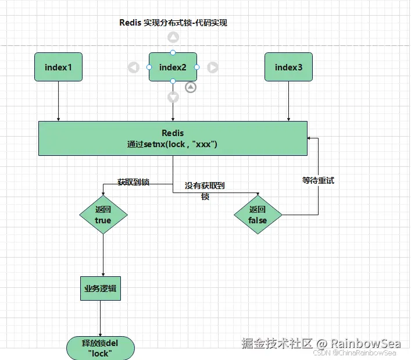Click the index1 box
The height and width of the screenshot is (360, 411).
click(x=58, y=67)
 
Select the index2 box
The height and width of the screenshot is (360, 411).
click(x=173, y=67)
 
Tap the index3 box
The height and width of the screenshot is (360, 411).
click(x=289, y=67)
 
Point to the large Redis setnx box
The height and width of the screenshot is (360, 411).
click(x=173, y=138)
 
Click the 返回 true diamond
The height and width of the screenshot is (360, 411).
click(x=103, y=215)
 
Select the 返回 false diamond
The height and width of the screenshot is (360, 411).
click(x=258, y=215)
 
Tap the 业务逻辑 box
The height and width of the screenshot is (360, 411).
click(x=100, y=288)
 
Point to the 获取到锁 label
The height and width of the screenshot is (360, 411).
click(x=133, y=182)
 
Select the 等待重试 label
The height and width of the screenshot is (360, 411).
click(x=318, y=180)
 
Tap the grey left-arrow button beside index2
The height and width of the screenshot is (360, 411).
click(x=134, y=67)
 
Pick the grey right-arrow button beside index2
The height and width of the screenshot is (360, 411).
click(x=213, y=67)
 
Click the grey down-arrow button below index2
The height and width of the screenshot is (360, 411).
click(x=173, y=97)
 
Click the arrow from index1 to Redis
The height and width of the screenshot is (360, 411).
click(x=58, y=102)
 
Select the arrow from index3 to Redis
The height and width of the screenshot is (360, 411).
click(x=289, y=102)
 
